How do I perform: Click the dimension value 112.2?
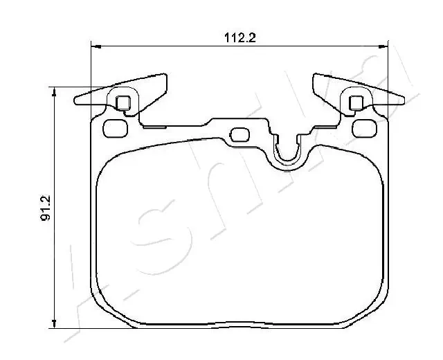pos(240,39)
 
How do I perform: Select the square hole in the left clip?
pos(123,103)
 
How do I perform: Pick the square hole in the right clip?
pos(356,103)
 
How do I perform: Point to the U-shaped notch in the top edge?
pos(286,154)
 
